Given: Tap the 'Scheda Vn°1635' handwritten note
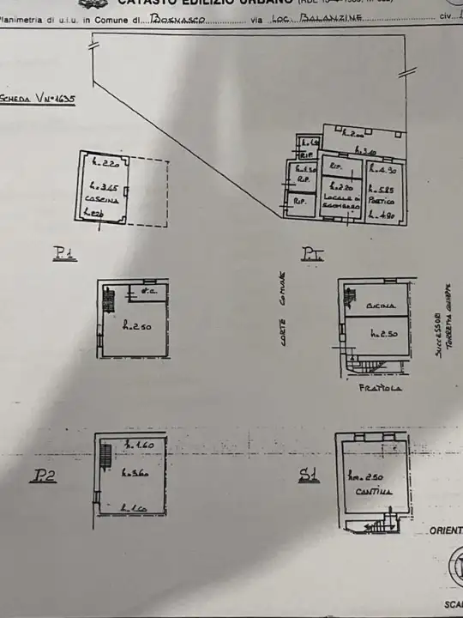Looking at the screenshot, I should (x=39, y=99).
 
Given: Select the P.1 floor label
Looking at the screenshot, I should (x=64, y=252).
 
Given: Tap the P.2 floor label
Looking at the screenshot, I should (x=45, y=475).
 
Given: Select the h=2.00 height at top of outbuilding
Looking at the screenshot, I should (x=353, y=135).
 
